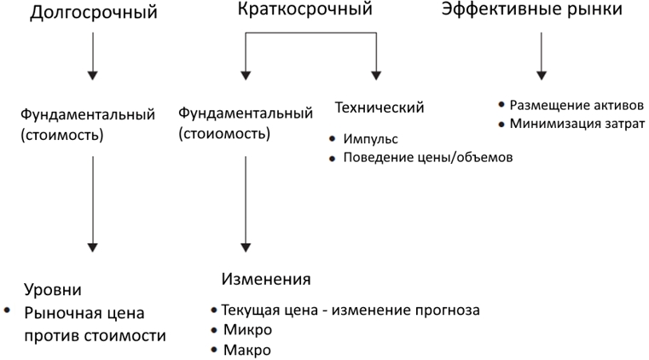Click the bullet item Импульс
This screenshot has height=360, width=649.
point(370,138)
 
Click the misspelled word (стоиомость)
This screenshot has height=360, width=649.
point(224,134)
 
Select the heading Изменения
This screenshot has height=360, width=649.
point(266,279)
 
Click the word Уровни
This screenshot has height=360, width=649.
point(53,290)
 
